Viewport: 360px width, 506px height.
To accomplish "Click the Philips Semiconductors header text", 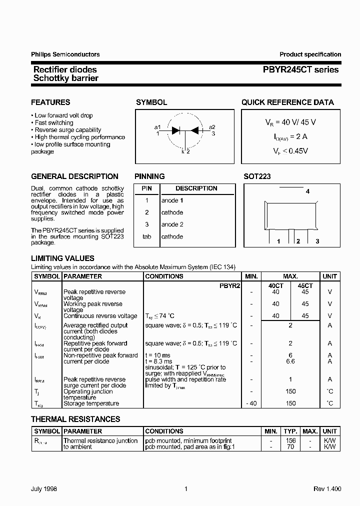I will [65, 54].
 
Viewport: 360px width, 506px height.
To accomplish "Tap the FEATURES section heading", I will [50, 102].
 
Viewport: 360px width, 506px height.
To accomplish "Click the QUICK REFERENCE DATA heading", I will [287, 102].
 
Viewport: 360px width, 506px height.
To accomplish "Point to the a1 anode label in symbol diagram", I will [157, 127].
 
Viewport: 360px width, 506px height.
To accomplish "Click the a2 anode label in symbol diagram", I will [212, 127].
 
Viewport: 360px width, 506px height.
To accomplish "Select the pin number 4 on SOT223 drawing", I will [307, 191].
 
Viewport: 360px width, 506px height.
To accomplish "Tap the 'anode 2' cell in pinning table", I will [172, 224].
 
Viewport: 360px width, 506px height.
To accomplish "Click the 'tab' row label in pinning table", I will [146, 236].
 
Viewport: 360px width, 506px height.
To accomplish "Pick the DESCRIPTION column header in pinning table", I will [196, 188].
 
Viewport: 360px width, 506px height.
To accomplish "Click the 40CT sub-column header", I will [275, 285].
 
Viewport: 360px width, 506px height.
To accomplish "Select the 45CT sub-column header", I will [305, 285].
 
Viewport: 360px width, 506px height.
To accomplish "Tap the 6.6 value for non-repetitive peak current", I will [290, 361].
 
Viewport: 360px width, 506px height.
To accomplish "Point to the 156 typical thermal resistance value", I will [290, 440].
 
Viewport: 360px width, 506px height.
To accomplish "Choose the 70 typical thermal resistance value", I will [290, 446].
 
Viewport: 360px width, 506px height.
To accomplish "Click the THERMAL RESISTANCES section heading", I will [75, 419].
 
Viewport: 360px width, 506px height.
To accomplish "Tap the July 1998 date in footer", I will [44, 489].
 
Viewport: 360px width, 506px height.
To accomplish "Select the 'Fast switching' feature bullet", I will [54, 122].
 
